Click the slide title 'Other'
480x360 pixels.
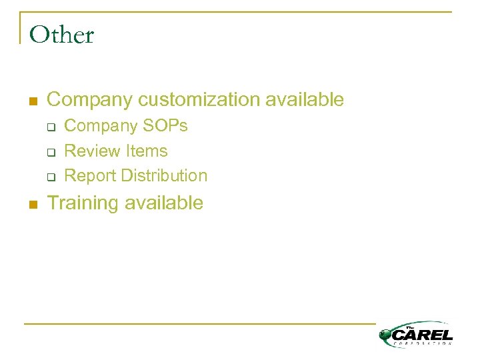click(x=62, y=35)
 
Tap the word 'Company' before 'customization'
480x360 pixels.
click(x=90, y=100)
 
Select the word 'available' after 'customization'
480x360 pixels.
click(x=305, y=100)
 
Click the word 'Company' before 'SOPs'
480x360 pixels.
click(x=99, y=126)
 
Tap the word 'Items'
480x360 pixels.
click(x=145, y=151)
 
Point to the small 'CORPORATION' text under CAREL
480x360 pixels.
click(x=423, y=343)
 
